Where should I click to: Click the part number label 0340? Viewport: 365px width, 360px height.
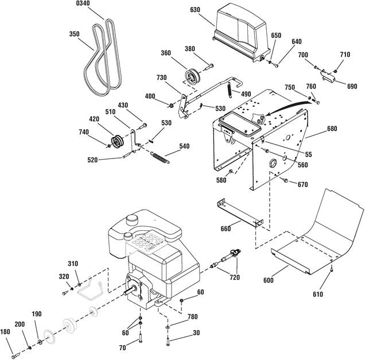coord(83,3)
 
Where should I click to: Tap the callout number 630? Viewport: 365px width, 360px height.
coord(195,10)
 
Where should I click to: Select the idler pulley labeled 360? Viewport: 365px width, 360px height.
coord(192,76)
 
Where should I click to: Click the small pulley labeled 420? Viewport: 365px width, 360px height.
coord(117,141)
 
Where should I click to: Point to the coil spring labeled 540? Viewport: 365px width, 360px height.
coord(160,157)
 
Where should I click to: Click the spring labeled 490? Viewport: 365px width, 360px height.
coord(230,90)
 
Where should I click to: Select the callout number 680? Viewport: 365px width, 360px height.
coord(332,129)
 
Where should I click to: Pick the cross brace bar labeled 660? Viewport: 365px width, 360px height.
coord(240,213)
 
